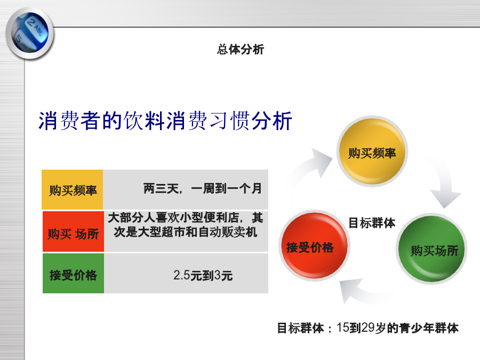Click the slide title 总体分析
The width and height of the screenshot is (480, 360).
(241, 49)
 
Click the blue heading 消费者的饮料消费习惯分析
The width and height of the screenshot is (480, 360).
(165, 121)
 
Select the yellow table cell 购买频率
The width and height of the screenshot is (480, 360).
(72, 189)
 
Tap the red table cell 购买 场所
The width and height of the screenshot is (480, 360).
(73, 231)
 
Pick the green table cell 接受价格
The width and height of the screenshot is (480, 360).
(73, 274)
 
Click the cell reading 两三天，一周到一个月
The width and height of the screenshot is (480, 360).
(186, 189)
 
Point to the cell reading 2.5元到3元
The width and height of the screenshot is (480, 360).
(186, 274)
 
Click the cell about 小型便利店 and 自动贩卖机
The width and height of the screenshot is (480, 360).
(186, 231)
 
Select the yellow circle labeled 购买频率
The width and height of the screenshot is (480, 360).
(372, 151)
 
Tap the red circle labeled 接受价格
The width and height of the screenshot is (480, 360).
(314, 245)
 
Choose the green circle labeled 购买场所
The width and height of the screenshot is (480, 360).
(431, 249)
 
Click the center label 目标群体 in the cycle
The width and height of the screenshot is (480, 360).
(372, 223)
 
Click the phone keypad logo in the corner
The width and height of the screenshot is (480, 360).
(30, 34)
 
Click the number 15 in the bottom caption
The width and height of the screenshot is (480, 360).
(343, 328)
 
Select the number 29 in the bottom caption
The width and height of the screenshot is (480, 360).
(368, 328)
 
